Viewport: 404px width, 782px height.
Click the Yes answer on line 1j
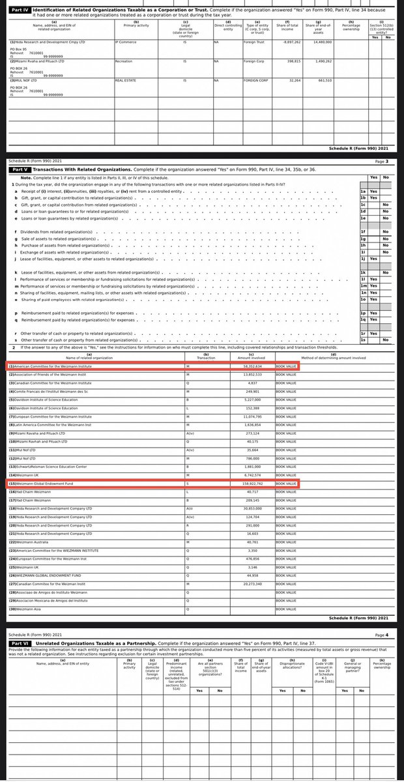(x=374, y=259)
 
